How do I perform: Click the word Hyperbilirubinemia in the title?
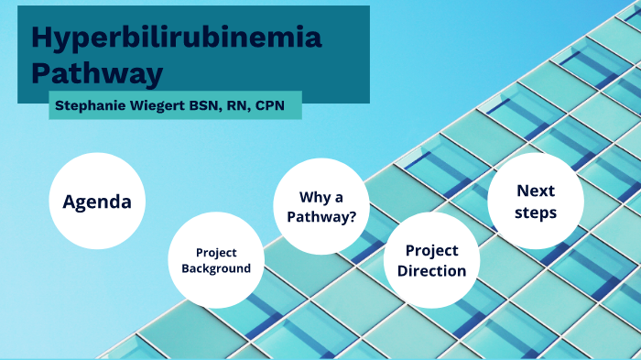(x=177, y=38)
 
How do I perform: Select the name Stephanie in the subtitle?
(x=90, y=105)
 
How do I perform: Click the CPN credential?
(x=269, y=105)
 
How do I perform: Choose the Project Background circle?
(x=216, y=261)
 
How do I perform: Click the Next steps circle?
(x=536, y=202)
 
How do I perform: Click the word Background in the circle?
(x=216, y=269)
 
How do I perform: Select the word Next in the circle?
(x=536, y=191)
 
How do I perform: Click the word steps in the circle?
(x=536, y=213)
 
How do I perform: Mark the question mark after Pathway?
(x=353, y=217)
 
